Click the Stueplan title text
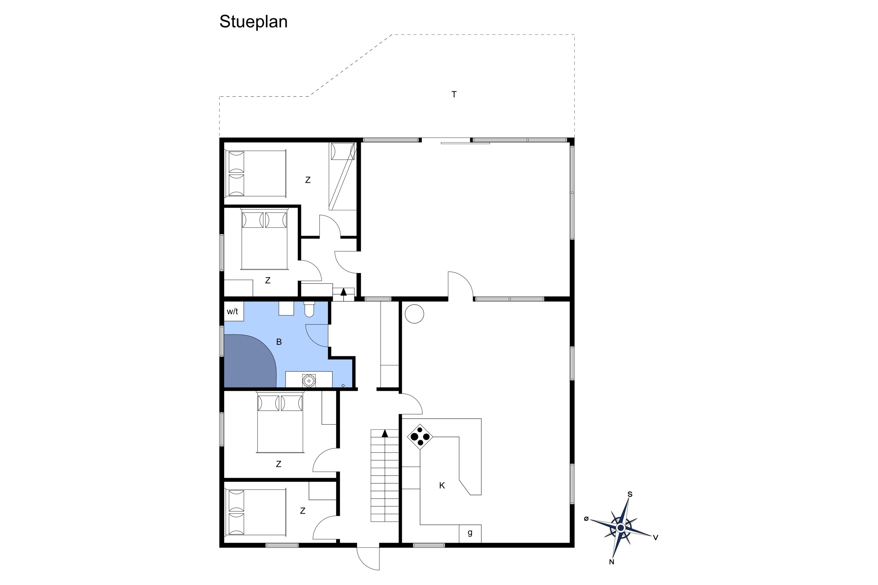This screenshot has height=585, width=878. [x=253, y=22]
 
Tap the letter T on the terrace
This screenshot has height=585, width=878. [x=454, y=94]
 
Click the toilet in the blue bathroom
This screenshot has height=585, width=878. [x=309, y=309]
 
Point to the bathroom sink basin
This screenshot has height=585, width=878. [x=309, y=381]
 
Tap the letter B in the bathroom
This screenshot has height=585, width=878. [x=279, y=342]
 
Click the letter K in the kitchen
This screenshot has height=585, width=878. [x=442, y=485]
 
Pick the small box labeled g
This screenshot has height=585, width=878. [x=470, y=534]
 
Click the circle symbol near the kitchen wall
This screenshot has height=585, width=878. [x=414, y=314]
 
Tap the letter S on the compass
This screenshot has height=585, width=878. [x=630, y=494]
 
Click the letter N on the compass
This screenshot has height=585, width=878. [x=611, y=562]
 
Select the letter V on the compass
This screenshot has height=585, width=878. [x=656, y=538]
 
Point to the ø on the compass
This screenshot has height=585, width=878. [x=587, y=519]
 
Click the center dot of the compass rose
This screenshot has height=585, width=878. [x=621, y=528]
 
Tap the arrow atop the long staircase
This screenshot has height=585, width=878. [x=385, y=433]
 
